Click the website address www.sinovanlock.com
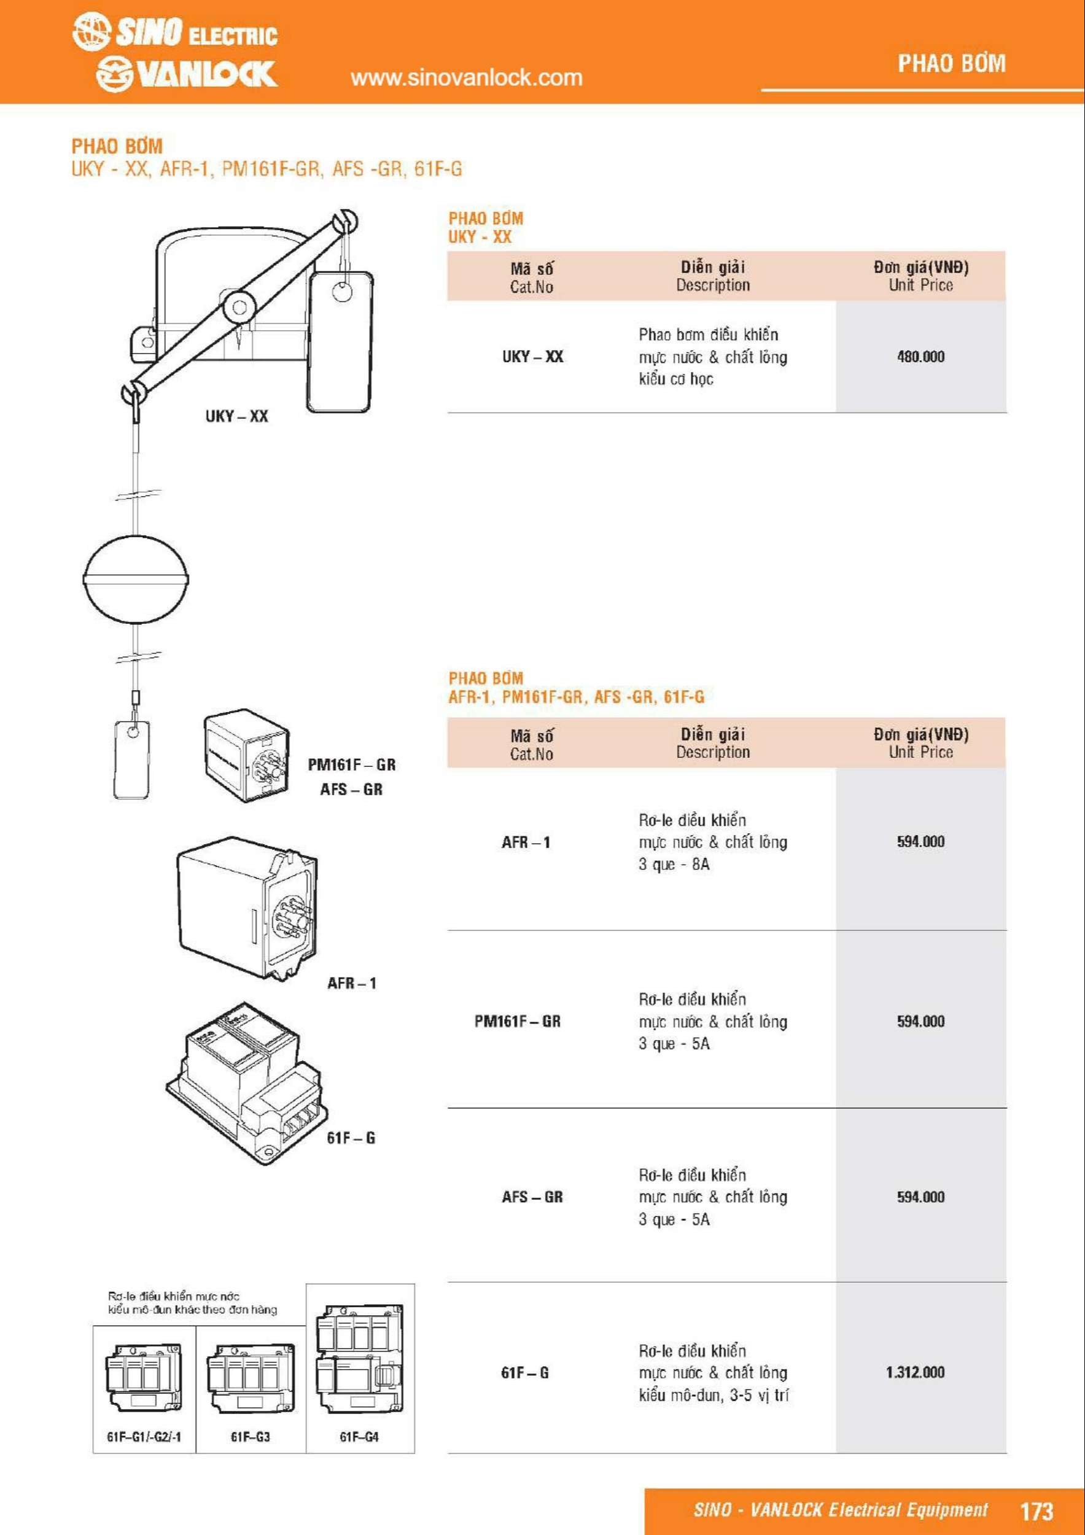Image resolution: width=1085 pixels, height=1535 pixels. pos(466,77)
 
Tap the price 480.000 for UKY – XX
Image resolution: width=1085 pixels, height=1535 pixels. pos(920,356)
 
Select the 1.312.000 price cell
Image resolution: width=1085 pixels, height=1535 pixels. pos(915,1372)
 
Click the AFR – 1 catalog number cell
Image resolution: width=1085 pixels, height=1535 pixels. pos(526,842)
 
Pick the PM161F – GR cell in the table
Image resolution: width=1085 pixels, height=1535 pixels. pos(518,1021)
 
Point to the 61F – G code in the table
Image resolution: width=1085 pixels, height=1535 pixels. pos(525,1372)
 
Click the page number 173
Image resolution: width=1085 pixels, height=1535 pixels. pos(1036,1510)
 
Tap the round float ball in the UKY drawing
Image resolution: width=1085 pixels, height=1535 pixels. pos(136,578)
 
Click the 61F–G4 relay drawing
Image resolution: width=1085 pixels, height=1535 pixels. pos(360,1359)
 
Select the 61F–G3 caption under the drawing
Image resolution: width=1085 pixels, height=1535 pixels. pos(250,1437)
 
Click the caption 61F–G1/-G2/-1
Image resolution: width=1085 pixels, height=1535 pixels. pos(144,1437)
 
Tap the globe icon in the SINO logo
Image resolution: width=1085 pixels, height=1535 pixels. pos(91,31)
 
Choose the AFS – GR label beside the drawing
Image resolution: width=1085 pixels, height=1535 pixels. pos(351,789)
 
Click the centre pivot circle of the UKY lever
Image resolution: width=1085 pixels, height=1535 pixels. pos(239,308)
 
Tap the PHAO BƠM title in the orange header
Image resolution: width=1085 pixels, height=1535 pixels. pos(951,63)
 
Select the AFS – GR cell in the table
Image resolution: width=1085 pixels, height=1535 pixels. pos(532,1197)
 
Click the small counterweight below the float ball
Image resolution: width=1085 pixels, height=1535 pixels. pos(131,759)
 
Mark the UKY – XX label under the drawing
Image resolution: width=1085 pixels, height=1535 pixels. pos(236,416)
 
